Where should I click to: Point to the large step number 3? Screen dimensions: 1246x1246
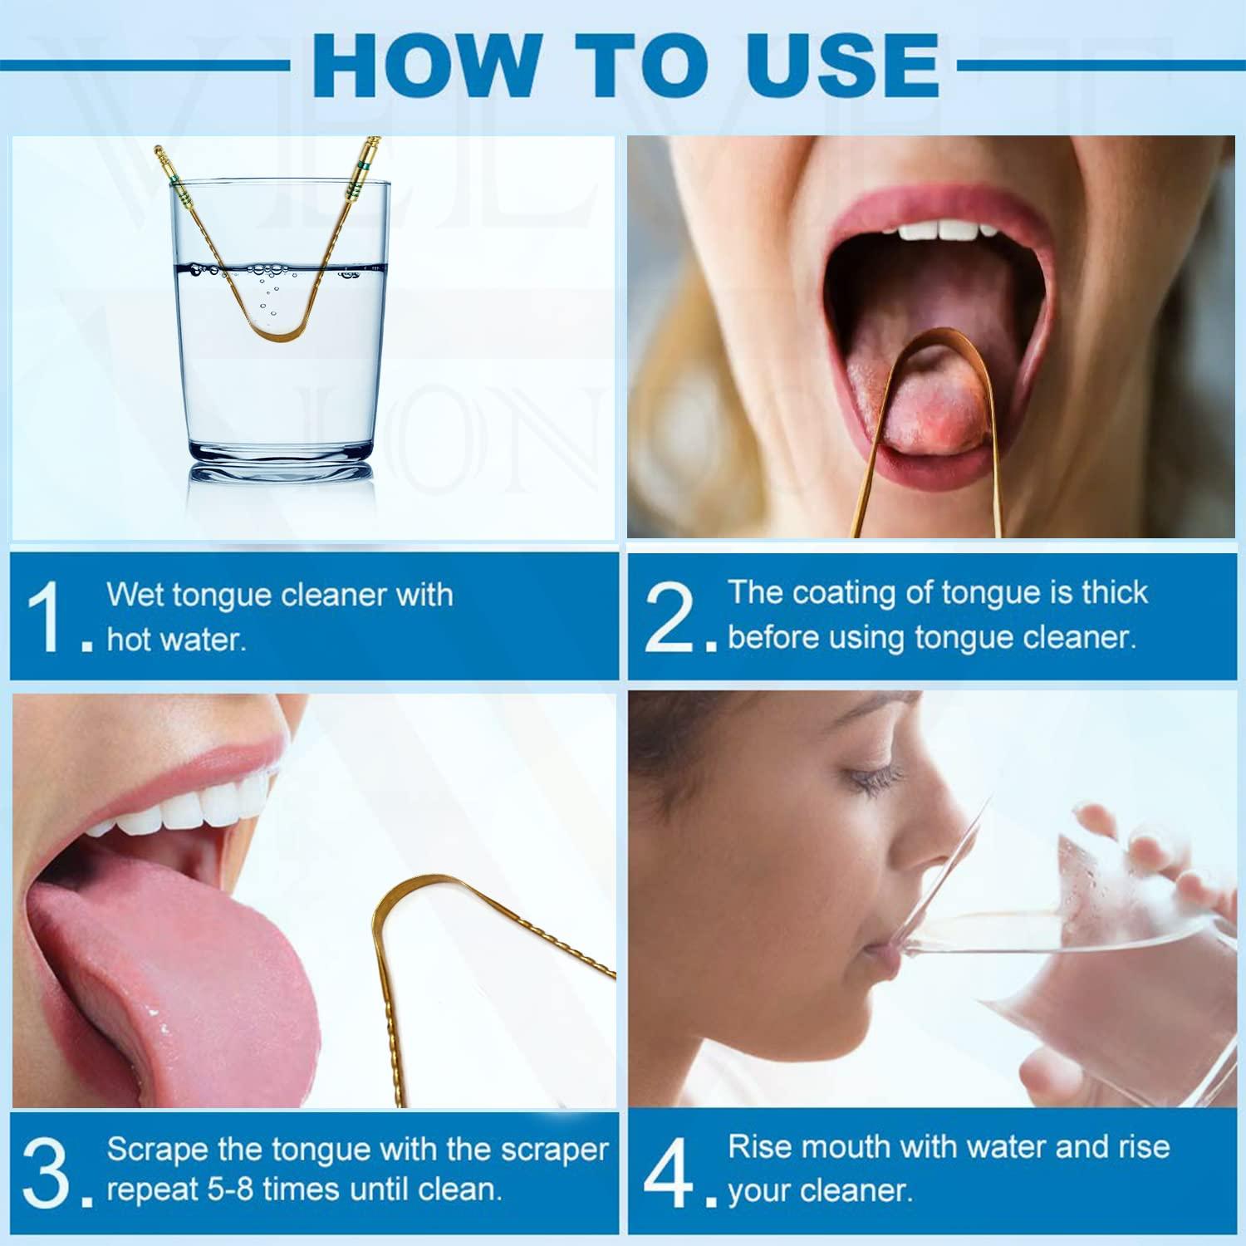(47, 1173)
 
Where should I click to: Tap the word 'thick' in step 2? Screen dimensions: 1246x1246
(1114, 593)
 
